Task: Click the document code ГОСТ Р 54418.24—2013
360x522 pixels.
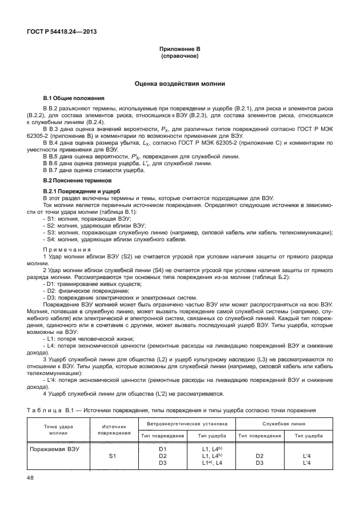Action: pyautogui.click(x=61, y=31)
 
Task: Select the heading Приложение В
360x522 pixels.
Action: pyautogui.click(x=180, y=51)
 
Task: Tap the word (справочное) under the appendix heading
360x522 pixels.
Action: pyautogui.click(x=180, y=58)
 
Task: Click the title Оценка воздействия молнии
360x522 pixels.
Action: pyautogui.click(x=180, y=83)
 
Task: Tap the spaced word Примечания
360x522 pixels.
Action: pyautogui.click(x=67, y=249)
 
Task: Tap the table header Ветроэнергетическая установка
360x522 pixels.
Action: pyautogui.click(x=187, y=424)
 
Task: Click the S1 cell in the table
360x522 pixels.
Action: pyautogui.click(x=113, y=456)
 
